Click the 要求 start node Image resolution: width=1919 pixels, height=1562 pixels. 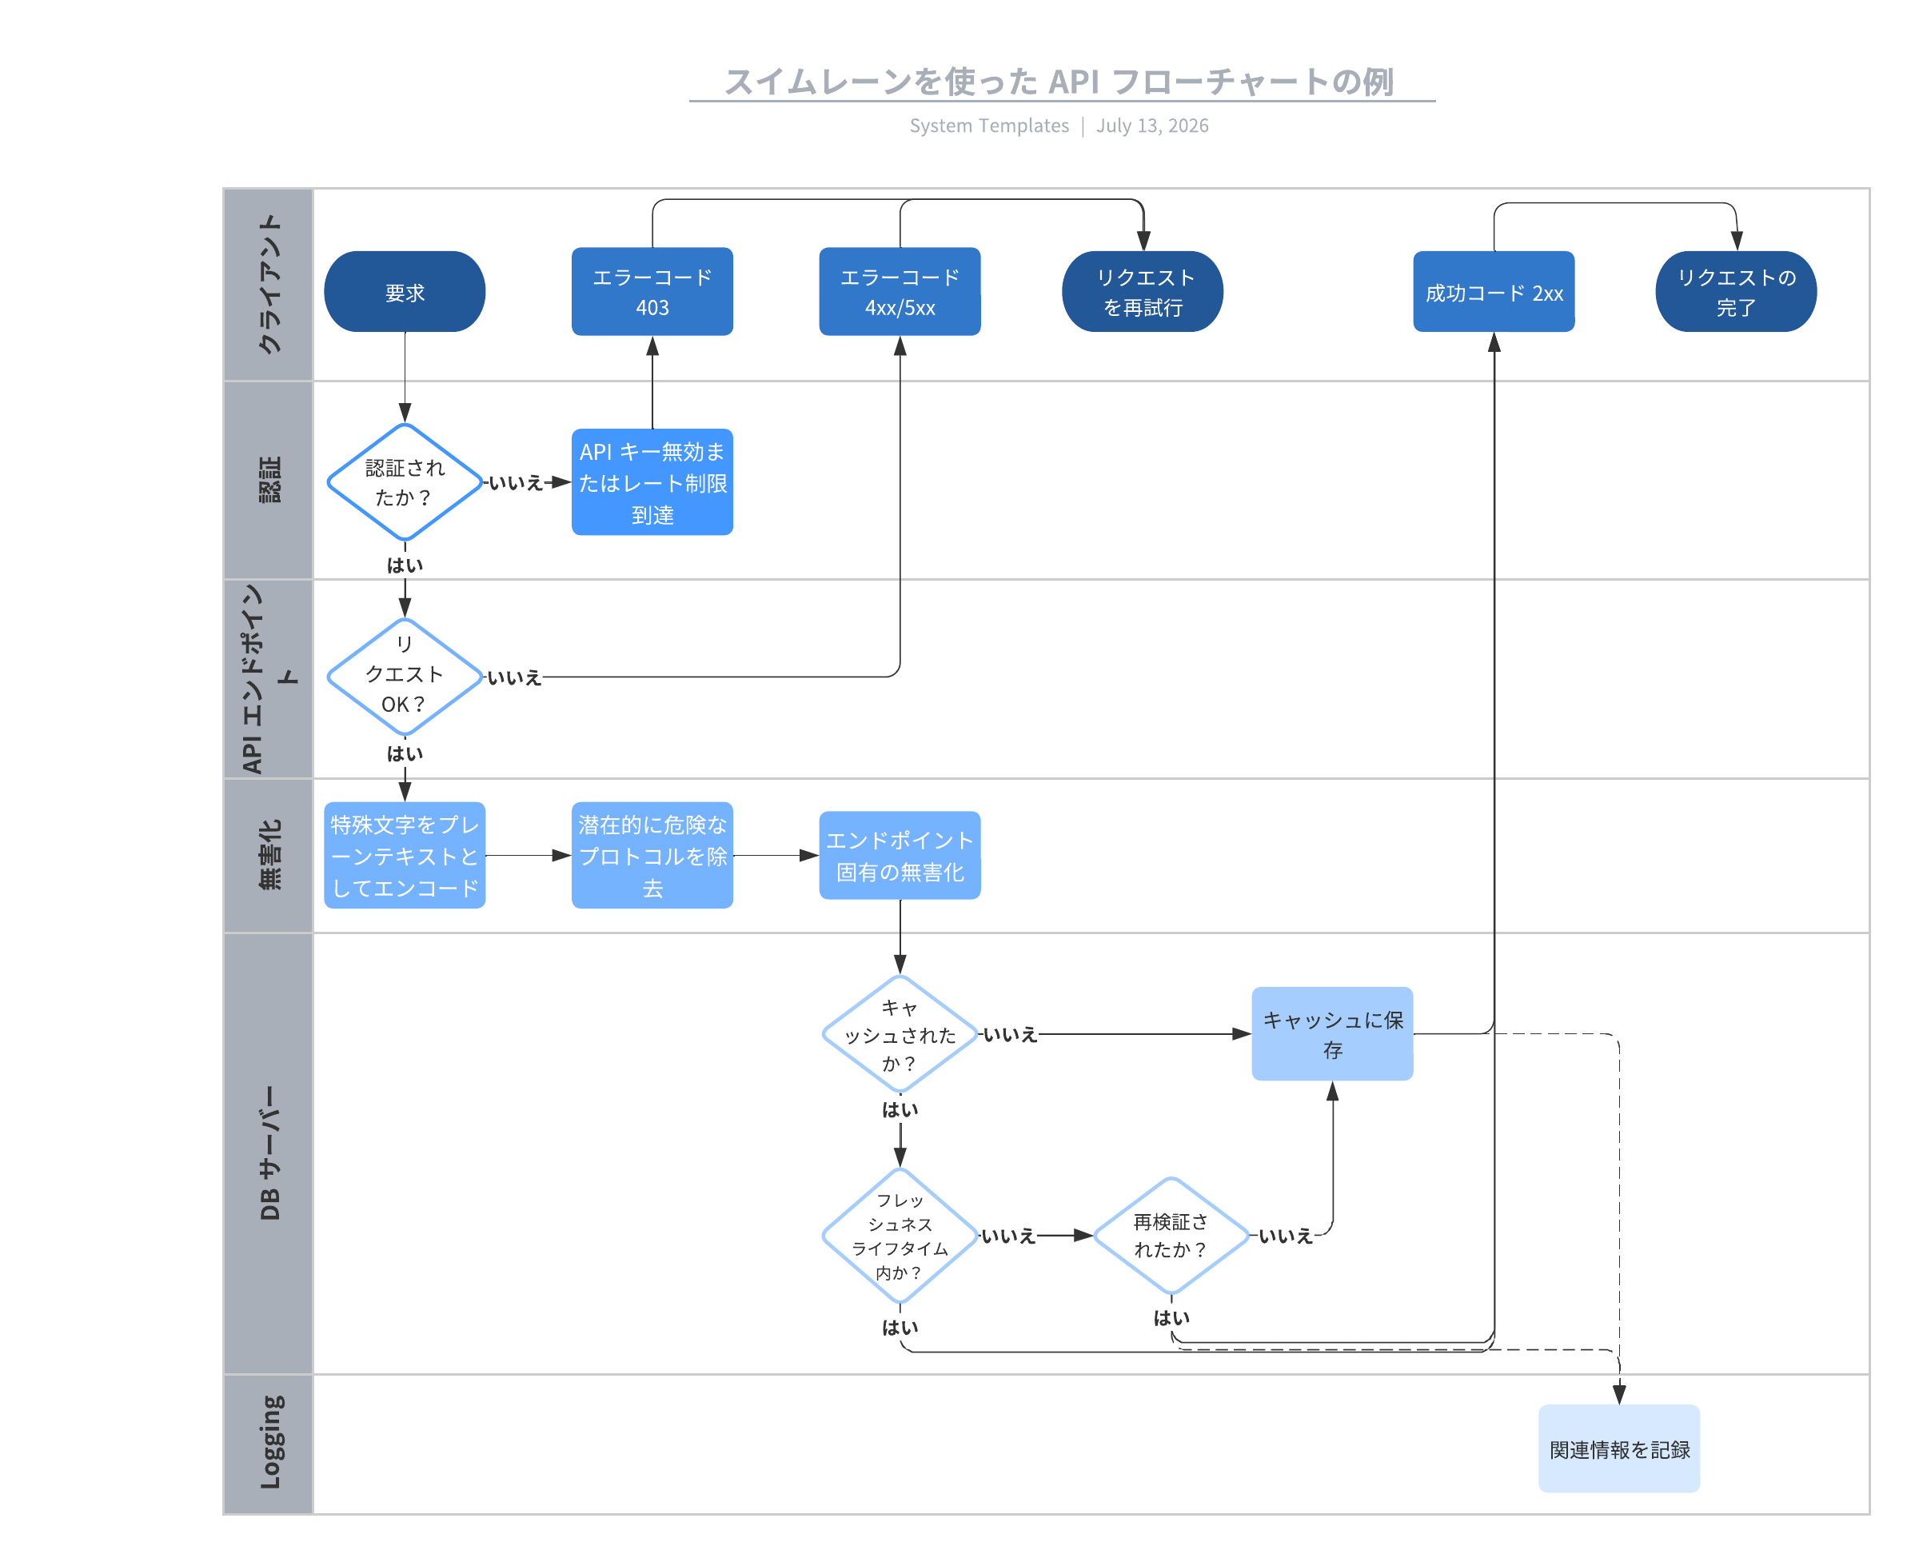404,291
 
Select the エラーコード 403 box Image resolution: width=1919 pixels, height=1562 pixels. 652,291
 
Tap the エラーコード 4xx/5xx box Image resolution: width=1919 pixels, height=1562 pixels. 899,291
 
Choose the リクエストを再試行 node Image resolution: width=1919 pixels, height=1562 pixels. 1142,291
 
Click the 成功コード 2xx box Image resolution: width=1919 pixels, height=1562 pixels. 1493,291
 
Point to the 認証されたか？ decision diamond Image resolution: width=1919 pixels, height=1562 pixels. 404,481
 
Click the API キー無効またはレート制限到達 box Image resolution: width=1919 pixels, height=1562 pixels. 652,481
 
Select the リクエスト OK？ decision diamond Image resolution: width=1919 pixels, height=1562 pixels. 404,676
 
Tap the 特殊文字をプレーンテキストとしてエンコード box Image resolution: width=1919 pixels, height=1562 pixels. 404,855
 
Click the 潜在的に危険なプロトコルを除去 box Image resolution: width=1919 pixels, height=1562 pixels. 652,855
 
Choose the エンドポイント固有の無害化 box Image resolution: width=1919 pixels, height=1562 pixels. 899,855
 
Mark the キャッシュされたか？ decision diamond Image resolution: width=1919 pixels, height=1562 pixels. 899,1034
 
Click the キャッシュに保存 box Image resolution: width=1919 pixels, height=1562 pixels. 1331,1034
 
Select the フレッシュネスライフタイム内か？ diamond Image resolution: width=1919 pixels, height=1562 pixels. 899,1236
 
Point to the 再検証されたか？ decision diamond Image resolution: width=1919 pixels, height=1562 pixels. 1171,1236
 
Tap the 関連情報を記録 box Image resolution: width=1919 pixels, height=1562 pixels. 1618,1448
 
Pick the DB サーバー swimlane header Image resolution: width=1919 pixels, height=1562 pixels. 268,1153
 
